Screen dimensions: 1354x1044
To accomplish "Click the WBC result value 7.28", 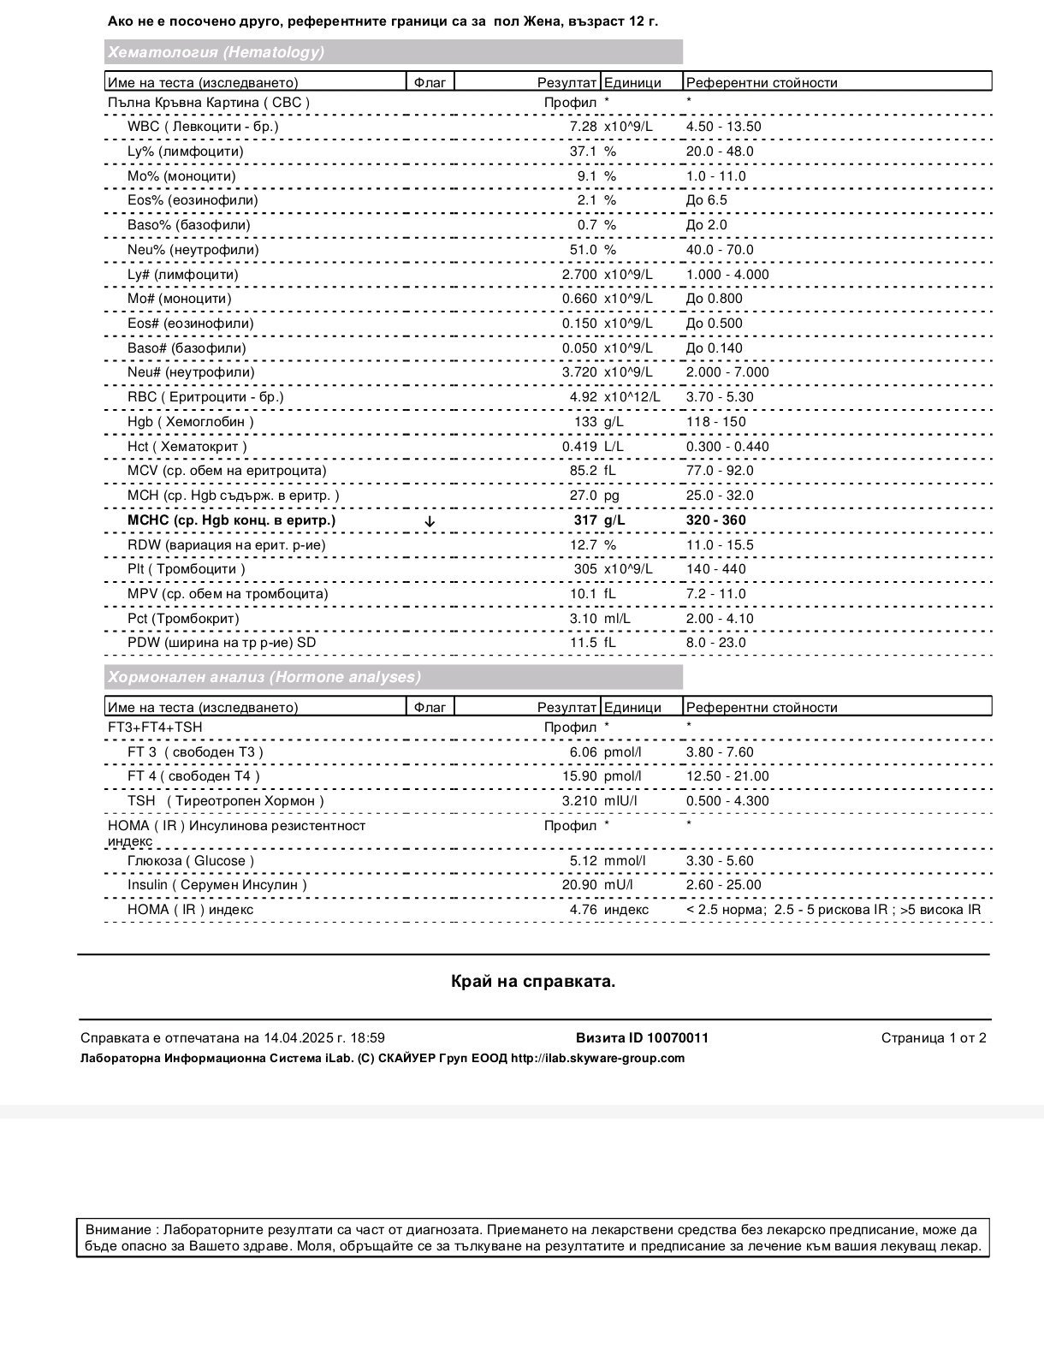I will [583, 127].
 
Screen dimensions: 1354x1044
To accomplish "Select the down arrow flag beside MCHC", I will [430, 520].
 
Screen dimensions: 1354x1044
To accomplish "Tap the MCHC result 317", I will [585, 520].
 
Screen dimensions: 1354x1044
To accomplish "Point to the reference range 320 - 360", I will [715, 520].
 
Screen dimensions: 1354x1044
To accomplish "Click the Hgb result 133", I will [585, 422].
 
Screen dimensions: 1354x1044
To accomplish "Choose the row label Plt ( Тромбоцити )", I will [186, 569].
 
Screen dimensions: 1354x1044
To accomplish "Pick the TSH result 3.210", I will [579, 801].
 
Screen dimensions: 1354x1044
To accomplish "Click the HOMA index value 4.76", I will [583, 910].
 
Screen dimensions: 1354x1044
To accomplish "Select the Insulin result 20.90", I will [579, 885].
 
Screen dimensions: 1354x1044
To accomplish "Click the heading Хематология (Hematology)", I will [216, 52].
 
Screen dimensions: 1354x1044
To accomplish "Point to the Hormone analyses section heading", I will [264, 677].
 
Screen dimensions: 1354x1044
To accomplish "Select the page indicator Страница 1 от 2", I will [934, 1038].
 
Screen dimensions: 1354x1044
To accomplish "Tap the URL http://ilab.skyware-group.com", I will [597, 1058].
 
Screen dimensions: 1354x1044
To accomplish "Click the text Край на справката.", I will [533, 982].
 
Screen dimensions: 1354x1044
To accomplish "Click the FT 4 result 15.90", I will [579, 776].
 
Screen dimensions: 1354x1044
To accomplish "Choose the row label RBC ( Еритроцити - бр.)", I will [205, 397].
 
